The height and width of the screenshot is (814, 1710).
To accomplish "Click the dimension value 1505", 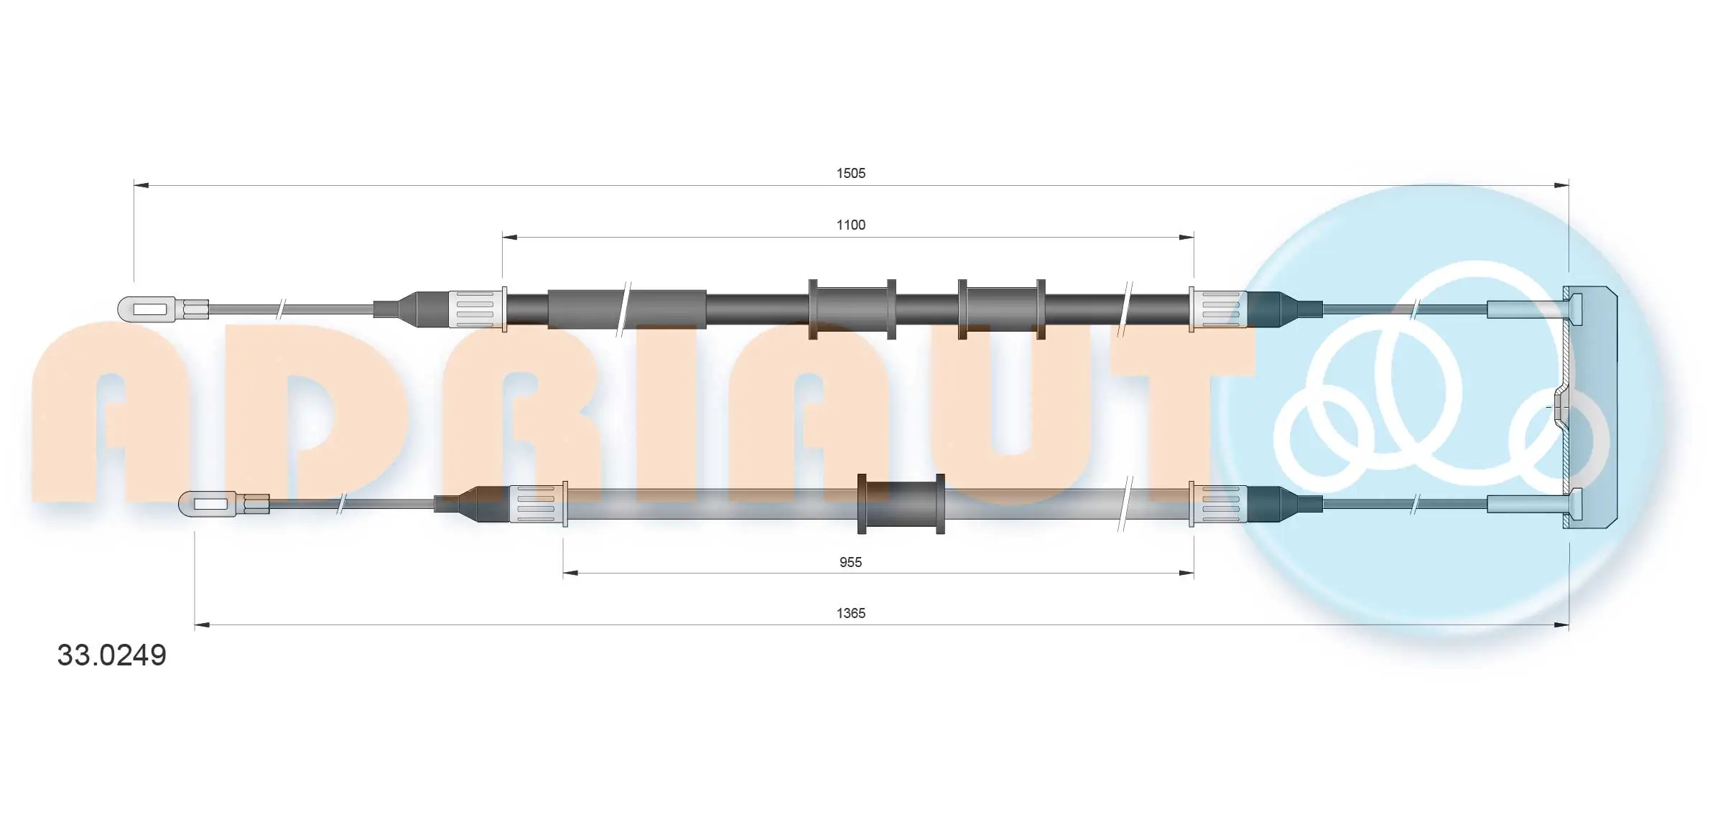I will [850, 173].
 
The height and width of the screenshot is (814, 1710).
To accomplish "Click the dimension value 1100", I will [850, 225].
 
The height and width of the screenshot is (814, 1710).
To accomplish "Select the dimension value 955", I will [850, 562].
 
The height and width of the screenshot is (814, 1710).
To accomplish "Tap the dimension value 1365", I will [850, 613].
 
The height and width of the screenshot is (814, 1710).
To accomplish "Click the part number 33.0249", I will [111, 655].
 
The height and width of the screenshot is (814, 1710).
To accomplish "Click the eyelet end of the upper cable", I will [147, 309].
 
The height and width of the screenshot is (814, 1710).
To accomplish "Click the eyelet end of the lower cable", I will [208, 504].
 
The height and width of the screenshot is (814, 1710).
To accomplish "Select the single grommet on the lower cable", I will [901, 504].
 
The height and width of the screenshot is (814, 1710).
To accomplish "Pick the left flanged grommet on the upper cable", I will [852, 309].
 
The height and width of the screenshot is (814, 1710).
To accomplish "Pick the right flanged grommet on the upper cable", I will [1001, 309].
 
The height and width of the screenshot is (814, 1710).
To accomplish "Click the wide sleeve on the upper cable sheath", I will [626, 309].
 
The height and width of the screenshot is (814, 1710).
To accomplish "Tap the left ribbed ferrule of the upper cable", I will [475, 309].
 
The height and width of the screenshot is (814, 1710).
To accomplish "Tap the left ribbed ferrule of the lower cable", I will [536, 504].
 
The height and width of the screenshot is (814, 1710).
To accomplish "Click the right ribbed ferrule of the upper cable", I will [1219, 309].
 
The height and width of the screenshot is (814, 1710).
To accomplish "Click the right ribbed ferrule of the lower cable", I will [1219, 504].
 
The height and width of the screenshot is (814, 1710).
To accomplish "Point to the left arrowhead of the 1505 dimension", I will [141, 185].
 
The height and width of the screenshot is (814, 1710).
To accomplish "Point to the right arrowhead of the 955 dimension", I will [1186, 573].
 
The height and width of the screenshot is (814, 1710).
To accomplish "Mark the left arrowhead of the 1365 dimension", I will [202, 625].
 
